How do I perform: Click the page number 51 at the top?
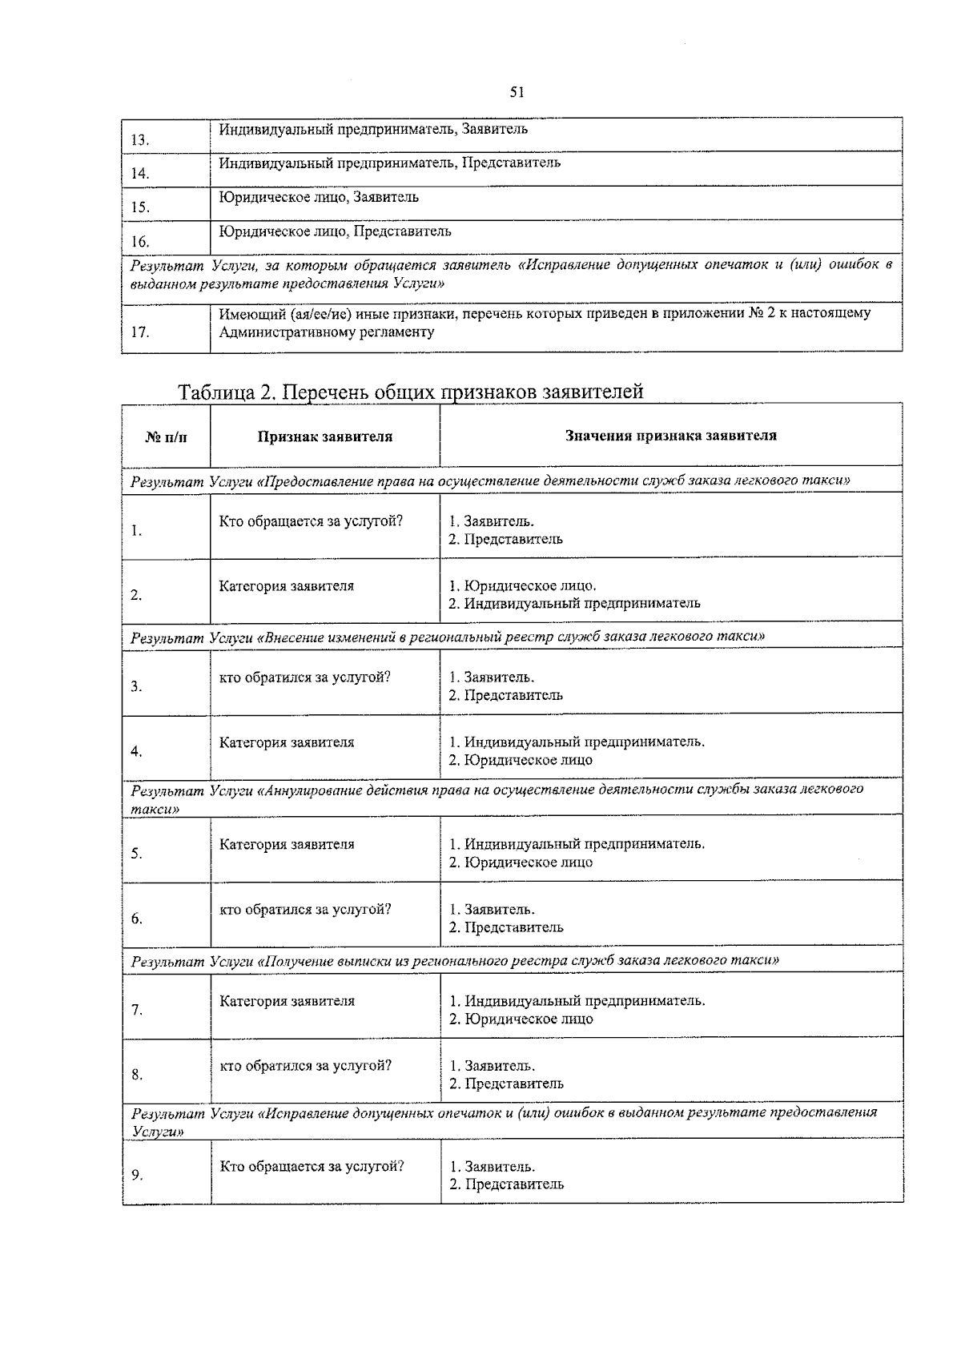[517, 93]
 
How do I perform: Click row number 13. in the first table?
[139, 140]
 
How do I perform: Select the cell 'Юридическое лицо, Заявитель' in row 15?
[319, 197]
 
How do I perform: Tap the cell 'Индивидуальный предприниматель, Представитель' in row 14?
[390, 163]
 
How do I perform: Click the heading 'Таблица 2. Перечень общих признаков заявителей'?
[411, 392]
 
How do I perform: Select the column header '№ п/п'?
[166, 437]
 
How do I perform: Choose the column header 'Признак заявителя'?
[324, 436]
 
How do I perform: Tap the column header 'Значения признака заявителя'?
[670, 436]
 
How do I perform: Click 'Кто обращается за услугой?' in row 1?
[311, 521]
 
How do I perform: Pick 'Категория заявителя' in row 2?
[286, 586]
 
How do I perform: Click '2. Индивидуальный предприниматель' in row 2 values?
[573, 604]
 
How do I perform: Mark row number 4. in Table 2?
[137, 751]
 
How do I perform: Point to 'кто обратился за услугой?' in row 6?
[305, 910]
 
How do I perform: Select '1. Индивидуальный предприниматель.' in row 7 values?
[577, 1001]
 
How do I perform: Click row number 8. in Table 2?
[137, 1075]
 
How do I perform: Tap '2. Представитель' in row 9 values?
[506, 1184]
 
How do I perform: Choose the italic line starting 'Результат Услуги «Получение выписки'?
[455, 959]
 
